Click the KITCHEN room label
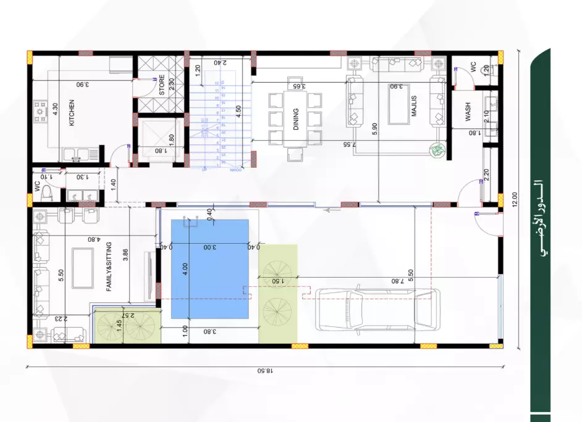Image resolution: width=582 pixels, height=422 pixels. tap(72, 113)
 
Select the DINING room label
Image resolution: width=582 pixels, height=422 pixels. tap(296, 119)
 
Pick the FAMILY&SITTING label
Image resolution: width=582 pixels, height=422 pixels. tap(109, 266)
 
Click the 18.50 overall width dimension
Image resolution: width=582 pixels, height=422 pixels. tap(264, 371)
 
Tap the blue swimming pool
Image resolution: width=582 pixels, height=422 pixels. tap(209, 269)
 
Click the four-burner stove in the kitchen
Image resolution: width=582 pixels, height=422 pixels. tap(40, 110)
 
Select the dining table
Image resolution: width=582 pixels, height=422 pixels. tap(296, 118)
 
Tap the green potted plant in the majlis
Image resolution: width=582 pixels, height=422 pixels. tap(437, 149)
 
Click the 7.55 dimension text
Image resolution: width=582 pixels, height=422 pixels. tap(348, 144)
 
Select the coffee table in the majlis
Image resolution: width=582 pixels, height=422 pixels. tap(396, 102)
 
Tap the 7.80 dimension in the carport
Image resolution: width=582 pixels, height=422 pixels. tap(396, 281)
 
